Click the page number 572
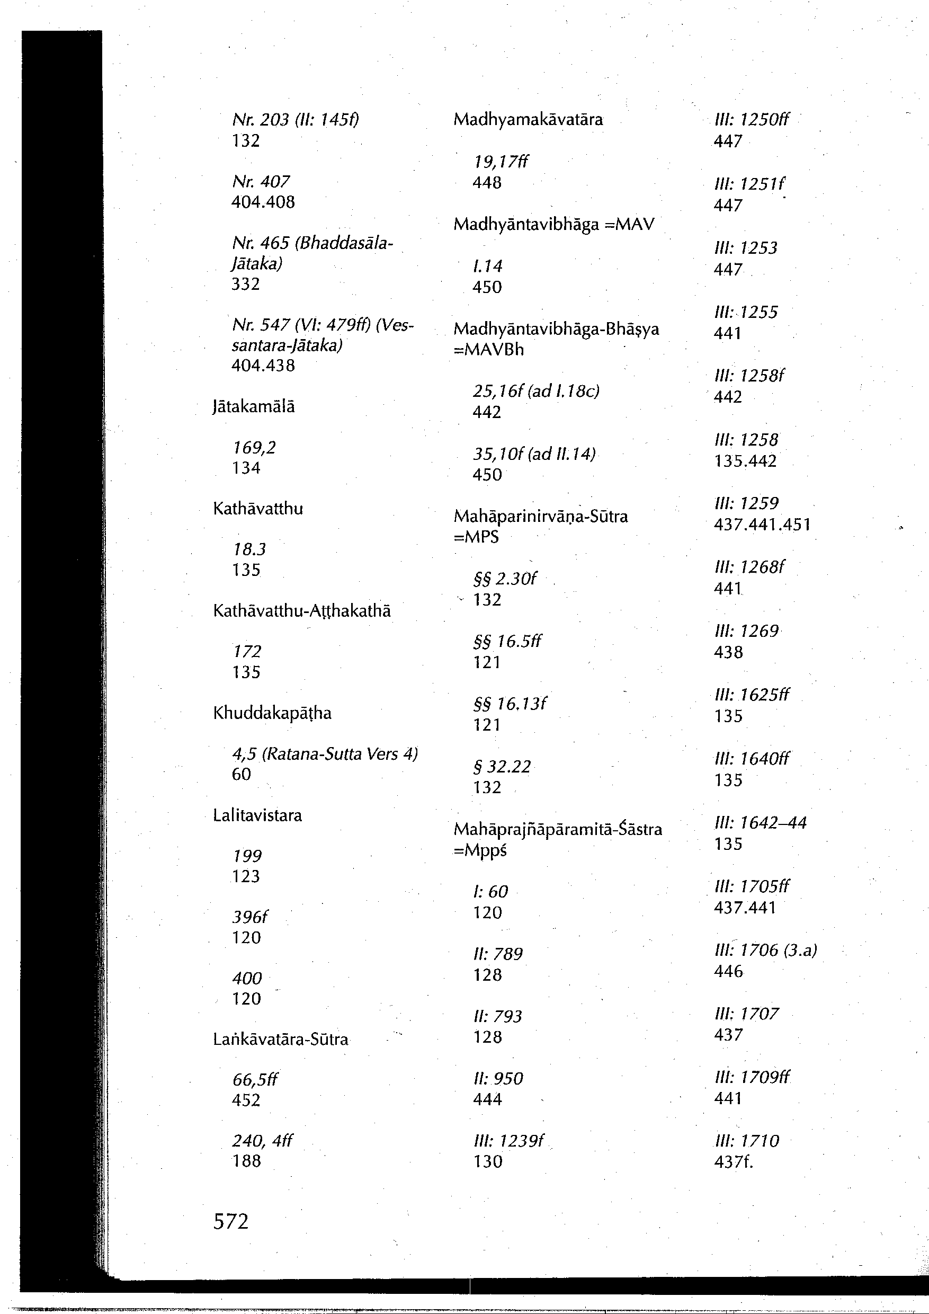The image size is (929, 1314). click(230, 1221)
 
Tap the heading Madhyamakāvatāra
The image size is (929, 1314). click(528, 120)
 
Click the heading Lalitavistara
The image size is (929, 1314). click(257, 815)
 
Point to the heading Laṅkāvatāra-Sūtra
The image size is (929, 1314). click(280, 1040)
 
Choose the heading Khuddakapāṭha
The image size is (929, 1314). click(272, 713)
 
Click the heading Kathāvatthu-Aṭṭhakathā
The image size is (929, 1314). click(301, 611)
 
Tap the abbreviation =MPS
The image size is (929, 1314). click(476, 537)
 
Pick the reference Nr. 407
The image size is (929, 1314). click(261, 182)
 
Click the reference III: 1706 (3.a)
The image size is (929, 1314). click(765, 951)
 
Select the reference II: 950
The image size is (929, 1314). click(498, 1079)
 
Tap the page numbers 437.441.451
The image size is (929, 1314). click(762, 525)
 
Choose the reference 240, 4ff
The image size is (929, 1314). click(262, 1141)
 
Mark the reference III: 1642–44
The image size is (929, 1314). click(760, 823)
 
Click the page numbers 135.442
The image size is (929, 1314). click(745, 461)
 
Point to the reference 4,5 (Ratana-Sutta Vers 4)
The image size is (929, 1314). click(324, 754)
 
